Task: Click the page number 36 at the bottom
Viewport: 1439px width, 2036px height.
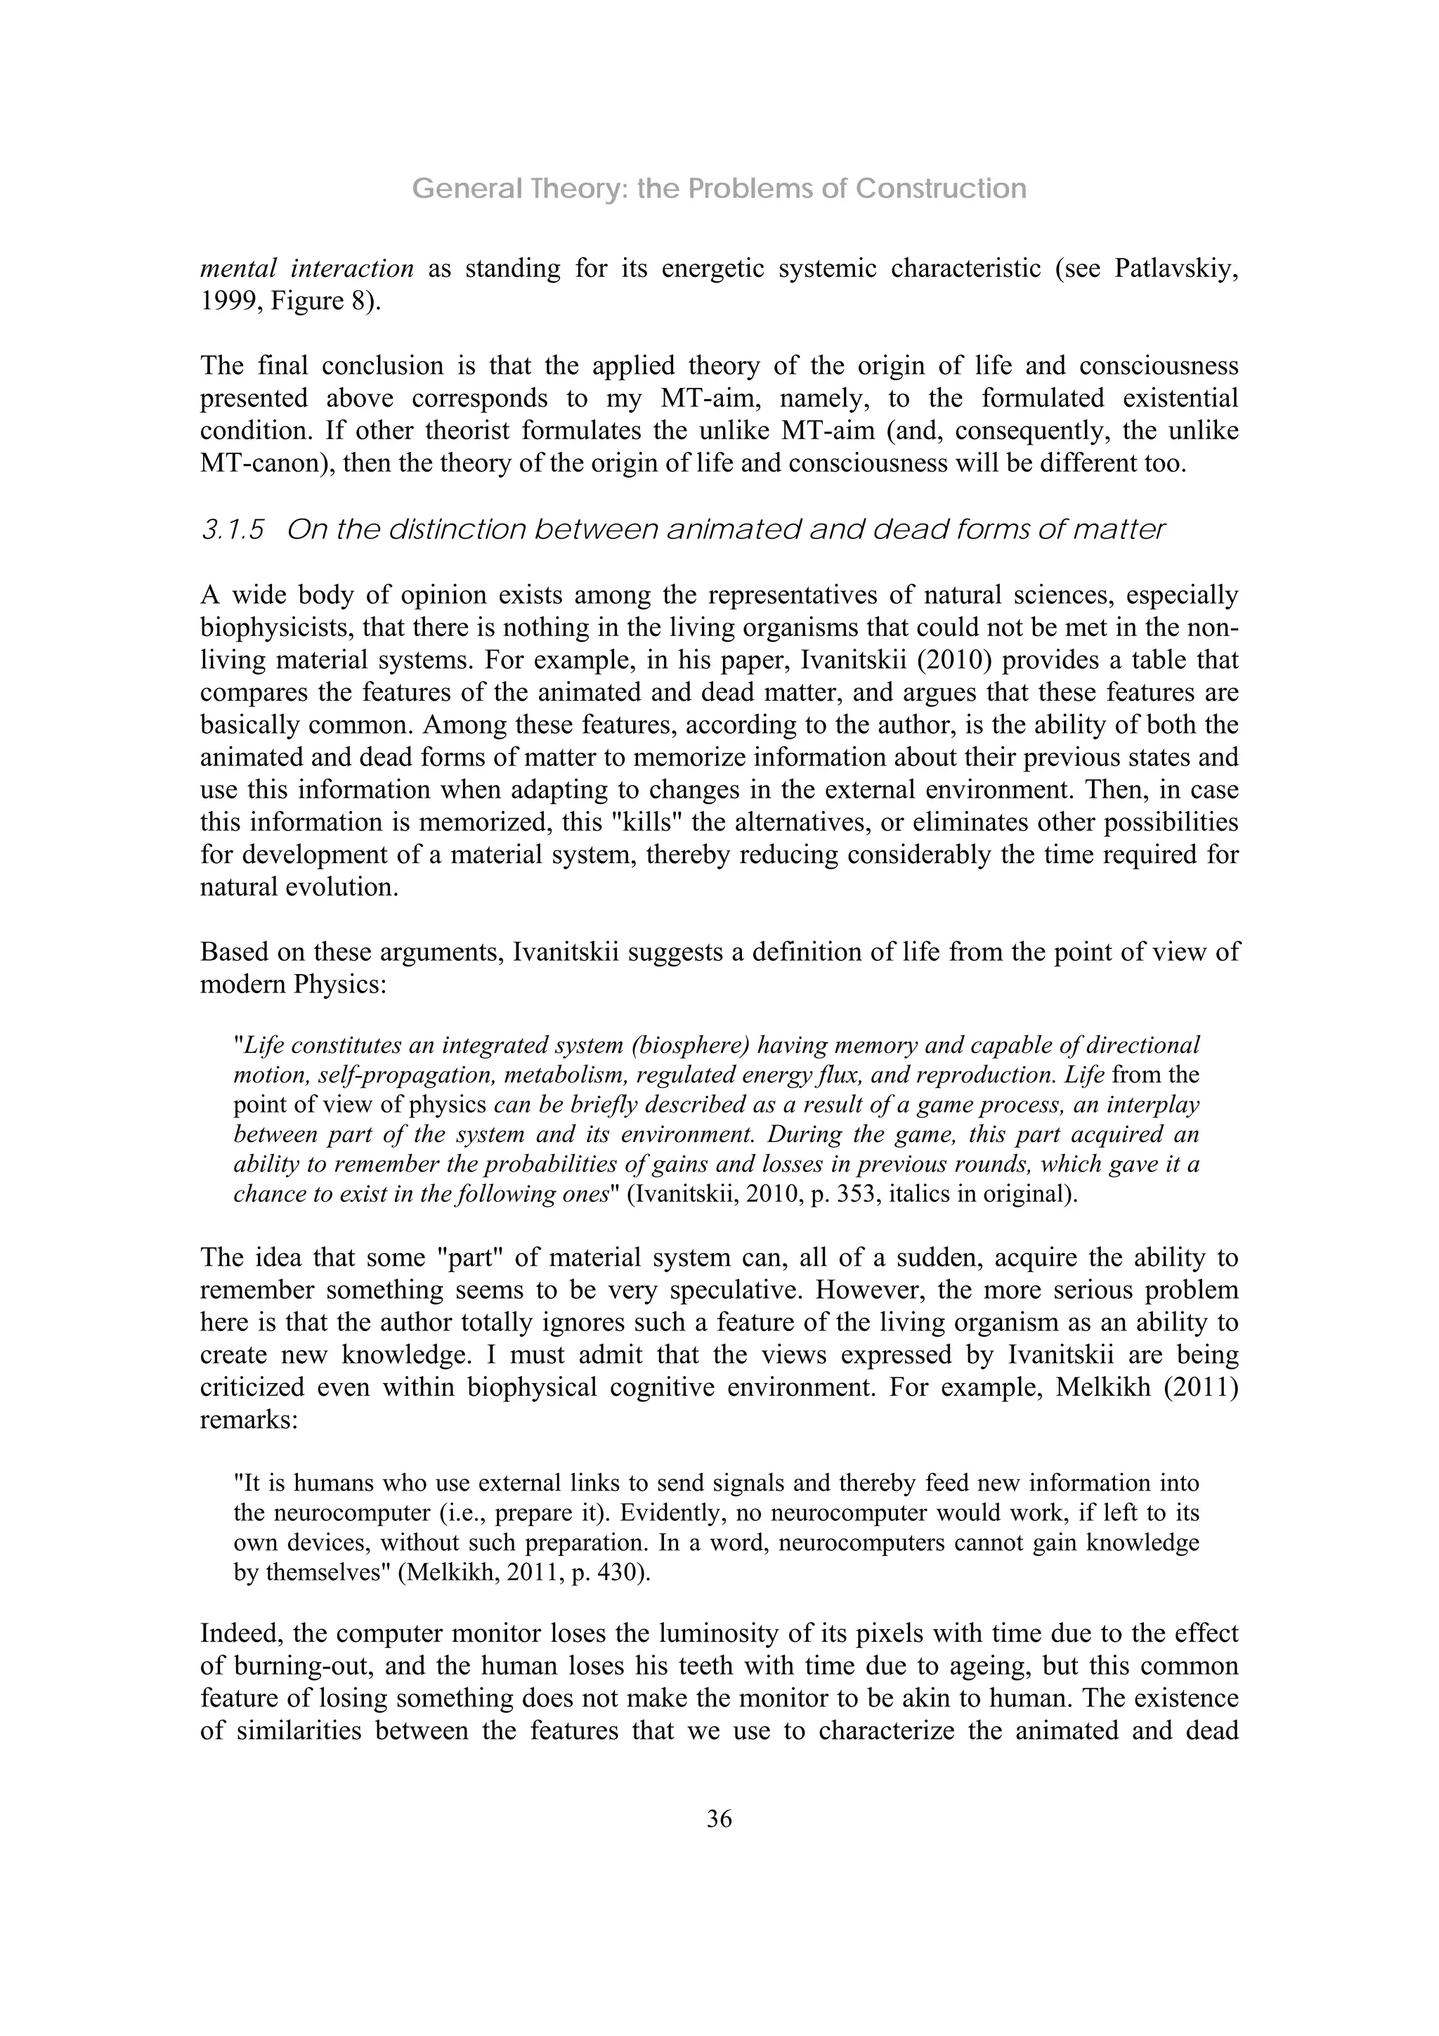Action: tap(719, 1820)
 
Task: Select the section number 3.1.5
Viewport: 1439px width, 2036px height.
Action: tap(233, 531)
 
